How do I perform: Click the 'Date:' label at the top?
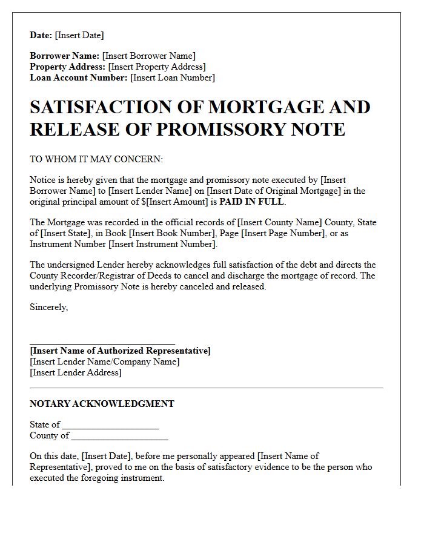point(41,35)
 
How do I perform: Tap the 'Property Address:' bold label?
point(68,67)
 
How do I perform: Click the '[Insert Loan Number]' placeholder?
point(173,78)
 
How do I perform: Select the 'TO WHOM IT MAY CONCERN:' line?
point(96,159)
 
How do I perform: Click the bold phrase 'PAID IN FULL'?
point(252,202)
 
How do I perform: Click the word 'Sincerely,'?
point(48,307)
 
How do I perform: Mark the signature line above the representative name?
point(102,343)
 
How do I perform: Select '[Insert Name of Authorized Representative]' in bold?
point(120,351)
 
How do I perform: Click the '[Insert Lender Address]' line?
point(76,372)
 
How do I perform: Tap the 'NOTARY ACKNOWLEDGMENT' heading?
point(102,404)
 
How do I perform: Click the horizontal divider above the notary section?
point(206,388)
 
